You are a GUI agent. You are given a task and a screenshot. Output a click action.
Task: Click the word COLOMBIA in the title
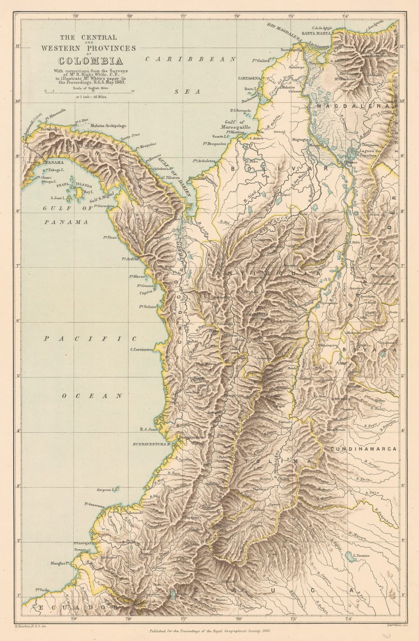pyautogui.click(x=88, y=61)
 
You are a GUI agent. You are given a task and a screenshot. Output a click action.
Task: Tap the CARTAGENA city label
pyautogui.click(x=249, y=78)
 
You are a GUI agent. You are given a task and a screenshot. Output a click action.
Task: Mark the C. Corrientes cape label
pyautogui.click(x=141, y=349)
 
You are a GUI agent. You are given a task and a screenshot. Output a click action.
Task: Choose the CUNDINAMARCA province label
pyautogui.click(x=365, y=449)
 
